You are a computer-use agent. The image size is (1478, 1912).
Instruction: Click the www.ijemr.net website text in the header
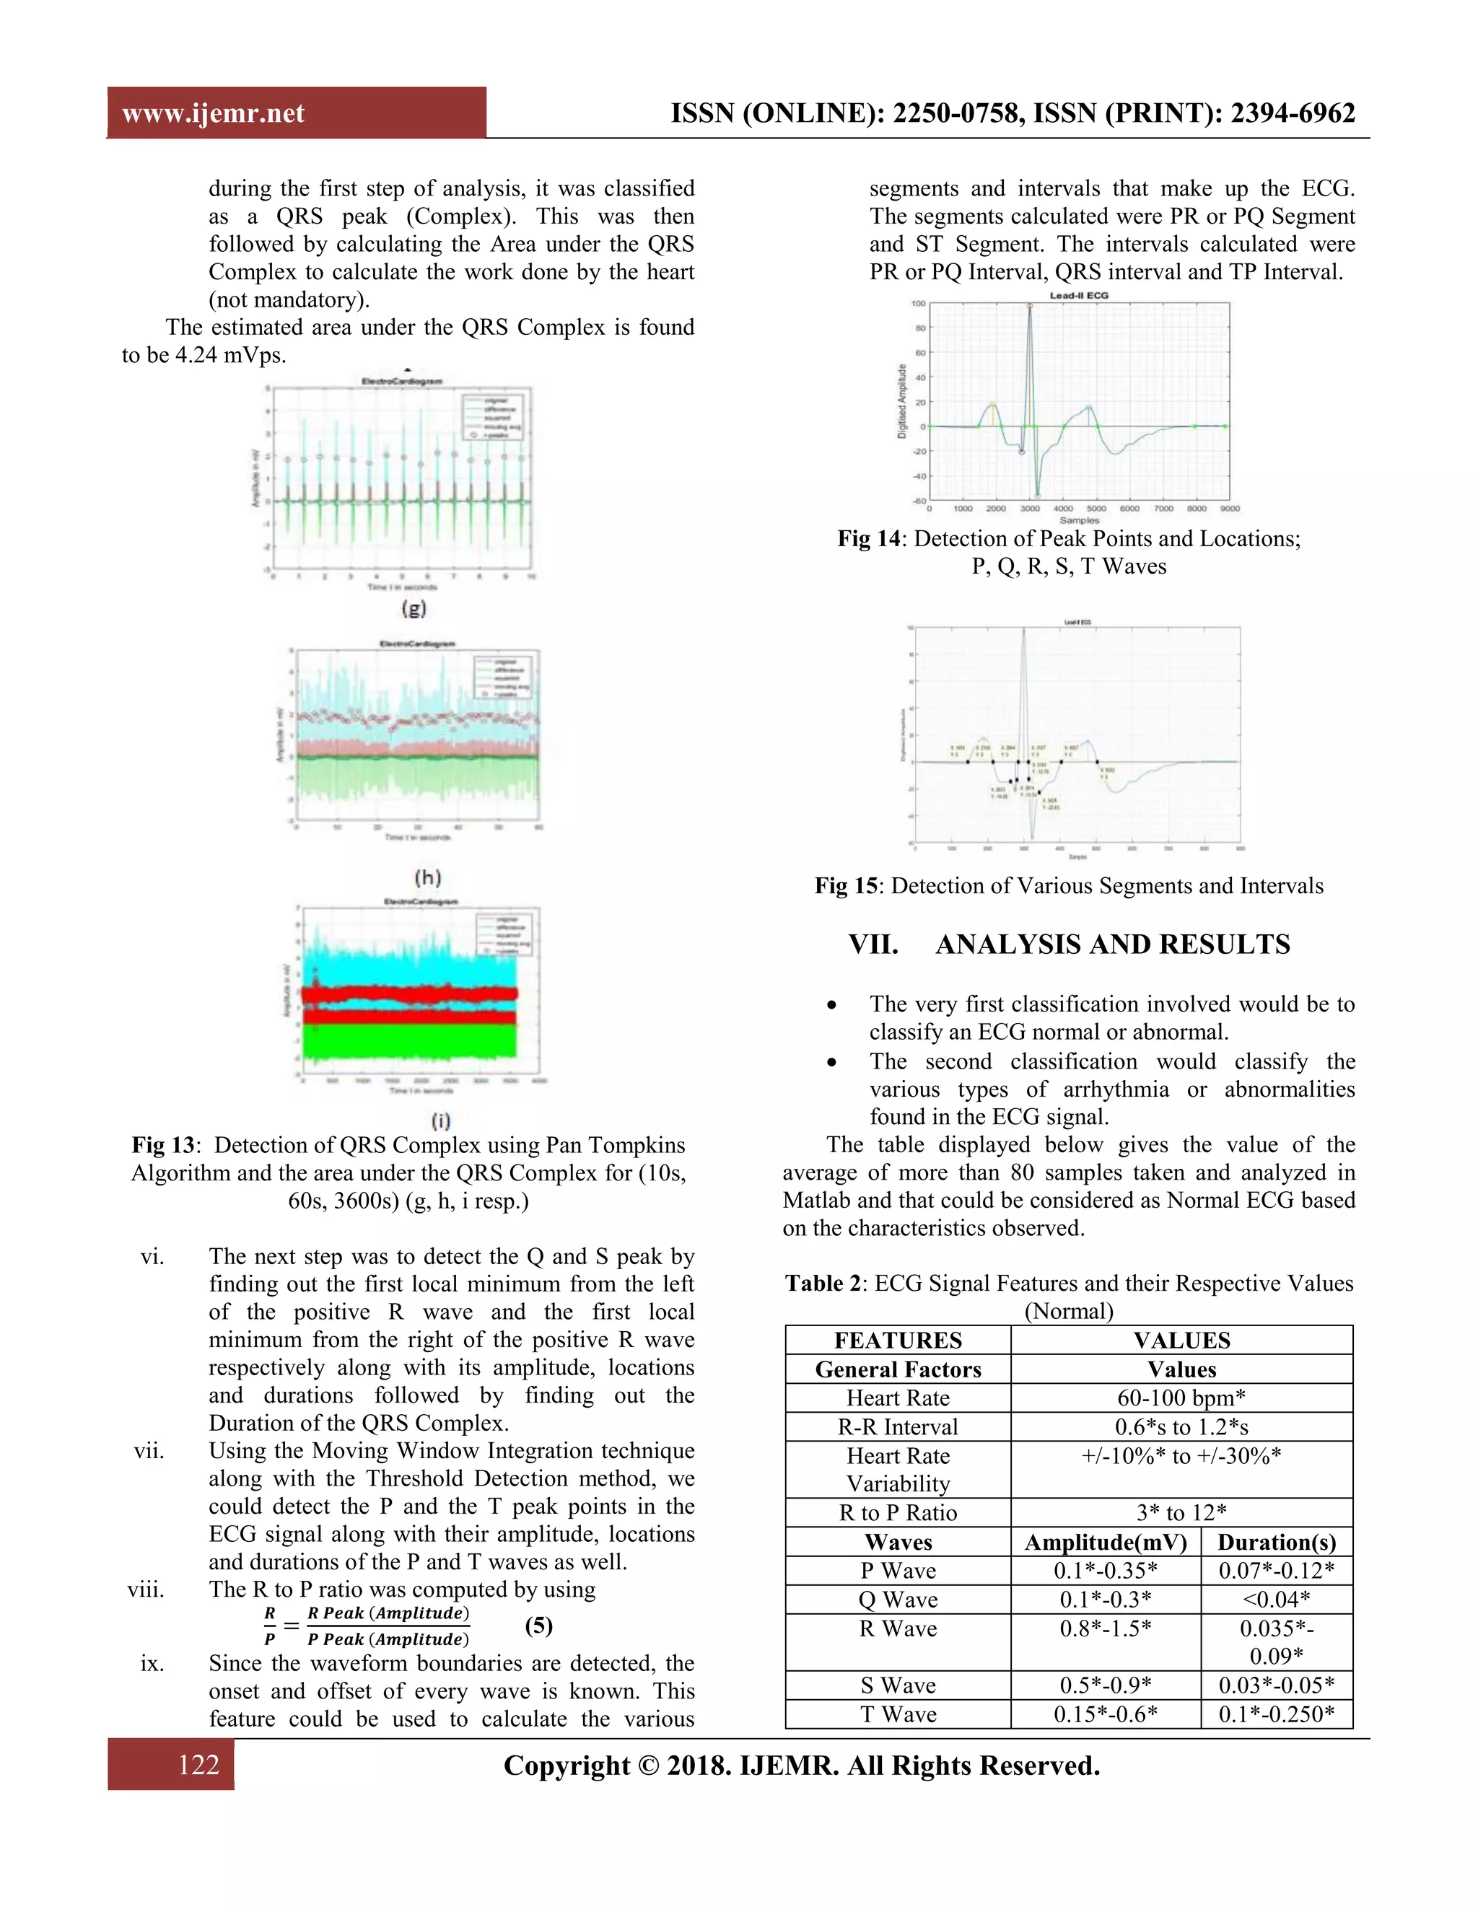(213, 113)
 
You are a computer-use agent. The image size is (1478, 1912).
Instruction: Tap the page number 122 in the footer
(198, 1764)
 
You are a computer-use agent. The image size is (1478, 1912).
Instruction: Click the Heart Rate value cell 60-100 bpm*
(1181, 1398)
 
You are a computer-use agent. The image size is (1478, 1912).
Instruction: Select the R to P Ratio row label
(898, 1513)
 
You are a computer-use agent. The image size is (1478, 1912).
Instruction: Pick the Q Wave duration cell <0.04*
(1276, 1600)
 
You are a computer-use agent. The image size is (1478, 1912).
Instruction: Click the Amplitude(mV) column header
(1105, 1543)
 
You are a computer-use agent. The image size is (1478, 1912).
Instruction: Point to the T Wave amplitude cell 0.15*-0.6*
(1105, 1714)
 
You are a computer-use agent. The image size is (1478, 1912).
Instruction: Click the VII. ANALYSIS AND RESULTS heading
(1068, 944)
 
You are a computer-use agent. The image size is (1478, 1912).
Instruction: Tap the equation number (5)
(538, 1625)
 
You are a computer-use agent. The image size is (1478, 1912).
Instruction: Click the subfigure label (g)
(414, 607)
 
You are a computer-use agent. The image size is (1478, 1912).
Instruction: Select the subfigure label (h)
(427, 877)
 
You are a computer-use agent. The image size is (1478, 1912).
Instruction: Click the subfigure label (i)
(440, 1120)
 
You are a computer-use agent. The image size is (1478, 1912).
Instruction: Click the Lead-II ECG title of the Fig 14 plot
(1079, 295)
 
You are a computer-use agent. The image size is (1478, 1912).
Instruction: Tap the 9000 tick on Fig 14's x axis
(1229, 508)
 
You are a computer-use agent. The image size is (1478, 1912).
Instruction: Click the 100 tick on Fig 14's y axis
(918, 303)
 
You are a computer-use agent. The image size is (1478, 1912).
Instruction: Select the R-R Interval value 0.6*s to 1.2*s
(1181, 1427)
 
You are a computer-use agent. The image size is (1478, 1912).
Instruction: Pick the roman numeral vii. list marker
(149, 1452)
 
